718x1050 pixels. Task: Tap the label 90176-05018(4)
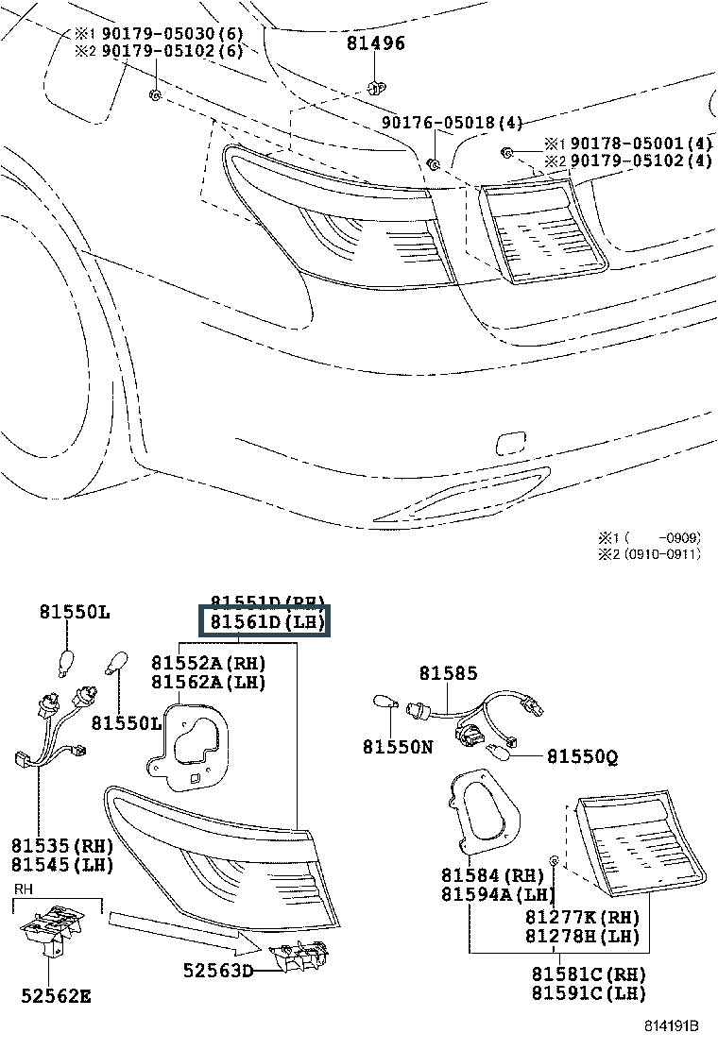pyautogui.click(x=452, y=123)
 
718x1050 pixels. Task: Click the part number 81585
pyautogui.click(x=449, y=673)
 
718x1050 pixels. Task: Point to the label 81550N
pyautogui.click(x=397, y=746)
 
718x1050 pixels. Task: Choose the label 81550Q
pyautogui.click(x=582, y=756)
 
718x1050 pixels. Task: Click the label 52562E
pyautogui.click(x=56, y=994)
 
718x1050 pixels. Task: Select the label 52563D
pyautogui.click(x=219, y=969)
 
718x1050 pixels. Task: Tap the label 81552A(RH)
pyautogui.click(x=208, y=664)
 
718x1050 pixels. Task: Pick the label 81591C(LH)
pyautogui.click(x=588, y=992)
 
